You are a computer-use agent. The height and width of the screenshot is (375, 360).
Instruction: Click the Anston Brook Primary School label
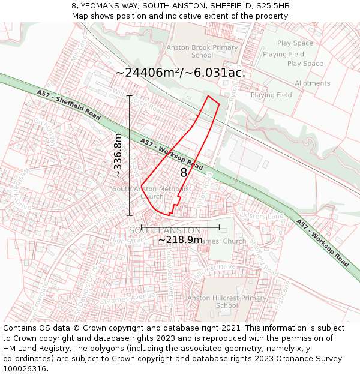pyautogui.click(x=202, y=52)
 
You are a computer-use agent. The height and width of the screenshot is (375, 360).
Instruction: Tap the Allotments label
pyautogui.click(x=312, y=83)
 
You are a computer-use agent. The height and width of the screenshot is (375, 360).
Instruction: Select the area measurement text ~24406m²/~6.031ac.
pyautogui.click(x=181, y=73)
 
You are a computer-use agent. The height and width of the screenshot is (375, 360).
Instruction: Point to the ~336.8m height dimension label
pyautogui.click(x=118, y=155)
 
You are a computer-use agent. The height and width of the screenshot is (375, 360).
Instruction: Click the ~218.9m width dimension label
pyautogui.click(x=180, y=240)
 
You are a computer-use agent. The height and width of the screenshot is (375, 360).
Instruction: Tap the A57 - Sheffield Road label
pyautogui.click(x=68, y=106)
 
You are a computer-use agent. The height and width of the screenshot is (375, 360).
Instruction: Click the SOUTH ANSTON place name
pyautogui.click(x=165, y=230)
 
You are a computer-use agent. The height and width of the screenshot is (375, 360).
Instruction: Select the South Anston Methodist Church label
pyautogui.click(x=152, y=193)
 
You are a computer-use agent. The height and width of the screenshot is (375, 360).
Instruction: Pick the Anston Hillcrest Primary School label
pyautogui.click(x=227, y=302)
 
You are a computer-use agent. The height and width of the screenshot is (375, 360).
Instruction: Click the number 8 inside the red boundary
pyautogui.click(x=184, y=173)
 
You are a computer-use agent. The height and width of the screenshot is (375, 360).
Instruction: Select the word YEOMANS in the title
pyautogui.click(x=100, y=6)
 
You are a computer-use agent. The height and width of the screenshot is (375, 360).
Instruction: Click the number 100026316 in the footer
pyautogui.click(x=25, y=369)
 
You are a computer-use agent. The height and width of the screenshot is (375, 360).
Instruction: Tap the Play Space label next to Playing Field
pyautogui.click(x=305, y=64)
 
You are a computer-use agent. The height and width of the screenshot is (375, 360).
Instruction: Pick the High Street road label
pyautogui.click(x=128, y=239)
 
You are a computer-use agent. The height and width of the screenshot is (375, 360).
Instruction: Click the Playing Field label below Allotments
pyautogui.click(x=271, y=95)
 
